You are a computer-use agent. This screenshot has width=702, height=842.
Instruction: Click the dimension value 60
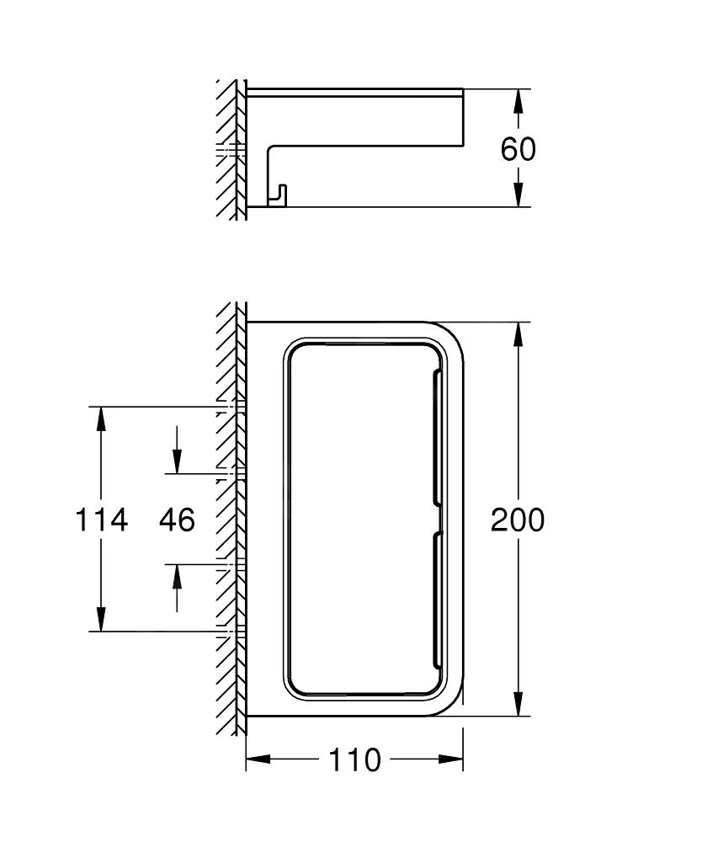[x=518, y=149]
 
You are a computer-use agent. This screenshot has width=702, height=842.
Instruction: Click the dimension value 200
[x=518, y=520]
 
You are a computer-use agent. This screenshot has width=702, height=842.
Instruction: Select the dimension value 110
[x=354, y=760]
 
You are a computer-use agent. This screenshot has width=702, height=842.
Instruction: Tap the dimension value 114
[x=102, y=520]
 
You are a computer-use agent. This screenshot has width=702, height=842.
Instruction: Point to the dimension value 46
[x=177, y=520]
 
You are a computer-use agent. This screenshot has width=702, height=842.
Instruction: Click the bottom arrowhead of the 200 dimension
[x=519, y=704]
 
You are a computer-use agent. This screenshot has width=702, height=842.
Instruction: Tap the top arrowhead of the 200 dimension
[x=519, y=334]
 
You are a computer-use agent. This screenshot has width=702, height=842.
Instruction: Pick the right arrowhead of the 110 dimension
[x=451, y=760]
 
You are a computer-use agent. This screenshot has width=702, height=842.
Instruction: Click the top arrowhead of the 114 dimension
[x=101, y=418]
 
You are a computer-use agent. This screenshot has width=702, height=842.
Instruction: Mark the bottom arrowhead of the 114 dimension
[x=101, y=620]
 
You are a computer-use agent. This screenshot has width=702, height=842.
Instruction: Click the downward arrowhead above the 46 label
[x=177, y=462]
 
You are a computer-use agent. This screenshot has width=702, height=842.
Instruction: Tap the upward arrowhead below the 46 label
[x=177, y=574]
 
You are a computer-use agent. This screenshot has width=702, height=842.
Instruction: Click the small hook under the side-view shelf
[x=277, y=195]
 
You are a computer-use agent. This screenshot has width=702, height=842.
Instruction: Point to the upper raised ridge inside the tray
[x=438, y=438]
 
